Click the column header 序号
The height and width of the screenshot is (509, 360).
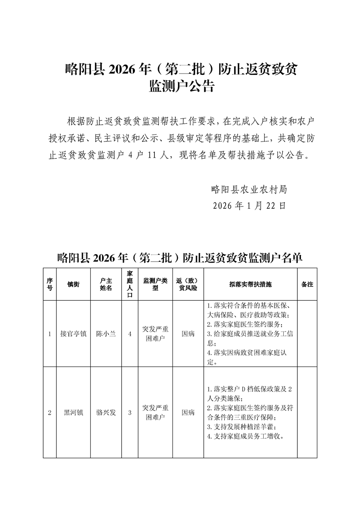(49, 284)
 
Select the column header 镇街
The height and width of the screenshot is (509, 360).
(73, 284)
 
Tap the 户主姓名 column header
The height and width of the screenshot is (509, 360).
(106, 284)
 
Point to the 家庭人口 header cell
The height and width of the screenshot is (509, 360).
(130, 284)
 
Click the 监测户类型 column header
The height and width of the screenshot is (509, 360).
(155, 284)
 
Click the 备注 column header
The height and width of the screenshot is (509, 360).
(307, 284)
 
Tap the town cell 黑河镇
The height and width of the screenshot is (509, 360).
(73, 413)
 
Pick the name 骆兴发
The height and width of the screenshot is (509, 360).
(106, 413)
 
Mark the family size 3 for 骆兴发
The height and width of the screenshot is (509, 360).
(130, 413)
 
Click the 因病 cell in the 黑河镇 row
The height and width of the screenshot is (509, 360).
(188, 413)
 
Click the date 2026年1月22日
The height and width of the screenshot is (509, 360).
(249, 206)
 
